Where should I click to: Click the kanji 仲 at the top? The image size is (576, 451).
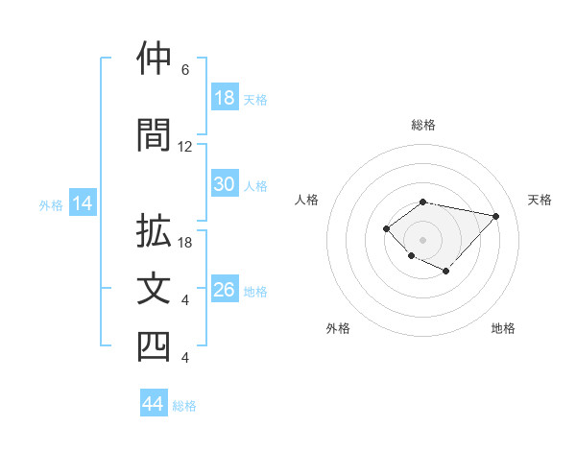point(155,59)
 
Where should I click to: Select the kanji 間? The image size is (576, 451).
point(155,135)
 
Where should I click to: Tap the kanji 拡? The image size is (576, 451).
point(155,231)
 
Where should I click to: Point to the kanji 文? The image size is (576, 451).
point(155,289)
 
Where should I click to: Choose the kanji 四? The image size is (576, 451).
point(155,346)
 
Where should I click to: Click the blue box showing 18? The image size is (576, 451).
point(225,98)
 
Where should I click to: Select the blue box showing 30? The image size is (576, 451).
point(225,184)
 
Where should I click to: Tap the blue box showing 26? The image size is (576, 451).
point(225,290)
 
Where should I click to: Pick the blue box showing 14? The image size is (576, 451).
point(82,203)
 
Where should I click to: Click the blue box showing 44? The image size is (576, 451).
point(154,404)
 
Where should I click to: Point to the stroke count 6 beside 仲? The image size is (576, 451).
point(185,70)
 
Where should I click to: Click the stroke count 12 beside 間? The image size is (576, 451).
point(185,147)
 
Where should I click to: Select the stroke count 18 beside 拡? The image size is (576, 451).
point(185,243)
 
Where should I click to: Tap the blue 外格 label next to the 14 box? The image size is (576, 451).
point(51,204)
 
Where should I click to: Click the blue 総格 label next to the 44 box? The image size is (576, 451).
point(184,405)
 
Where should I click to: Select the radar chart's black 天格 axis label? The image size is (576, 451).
point(540,200)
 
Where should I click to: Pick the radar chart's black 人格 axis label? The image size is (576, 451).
point(307,200)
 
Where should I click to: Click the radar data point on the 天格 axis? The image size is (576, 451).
point(495,216)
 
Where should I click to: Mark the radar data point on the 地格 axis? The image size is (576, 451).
point(446,273)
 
